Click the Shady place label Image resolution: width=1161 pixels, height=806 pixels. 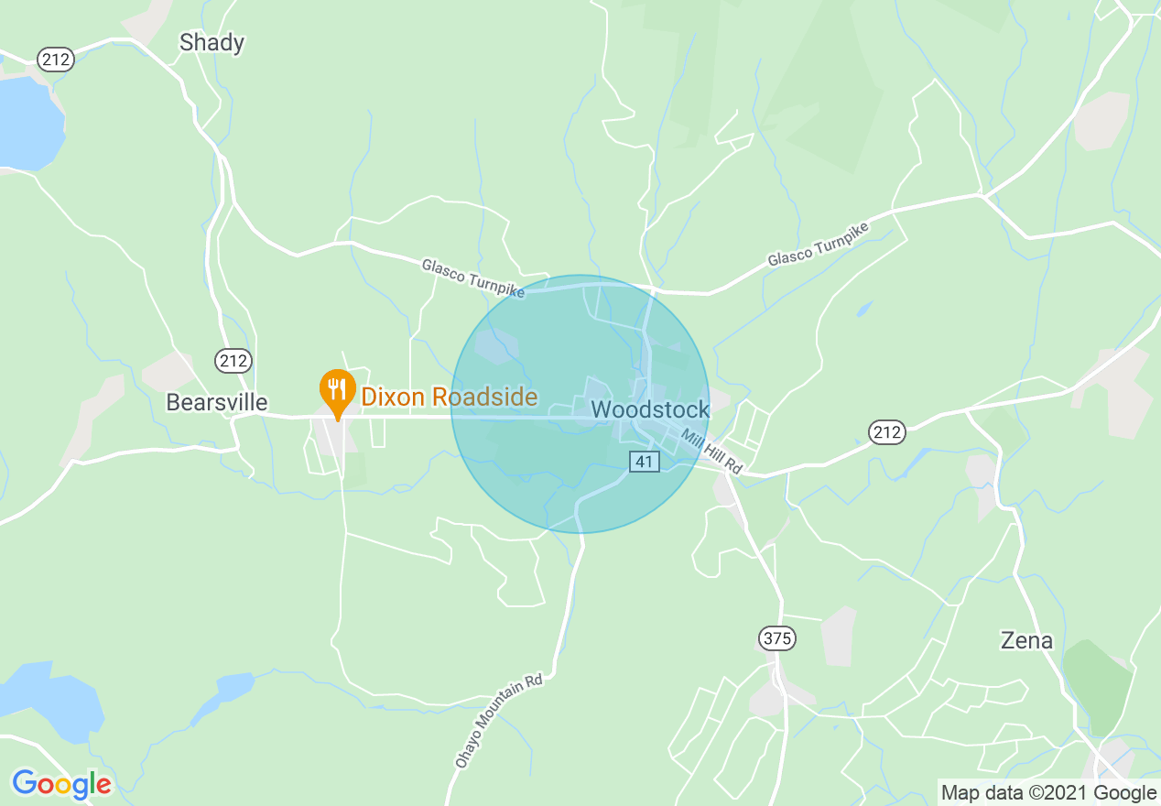tap(212, 42)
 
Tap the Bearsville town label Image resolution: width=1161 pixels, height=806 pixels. tap(217, 402)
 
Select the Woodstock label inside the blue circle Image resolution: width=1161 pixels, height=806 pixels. tap(650, 409)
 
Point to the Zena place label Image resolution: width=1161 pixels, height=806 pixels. tap(1026, 640)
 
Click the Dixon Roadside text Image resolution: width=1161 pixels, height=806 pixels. tap(449, 397)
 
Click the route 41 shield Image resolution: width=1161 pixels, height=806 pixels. tap(644, 462)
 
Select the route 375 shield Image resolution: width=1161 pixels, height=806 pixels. tap(776, 638)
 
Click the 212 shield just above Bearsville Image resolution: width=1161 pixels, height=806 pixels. tap(233, 361)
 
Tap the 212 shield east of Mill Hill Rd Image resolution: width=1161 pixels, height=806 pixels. tap(887, 431)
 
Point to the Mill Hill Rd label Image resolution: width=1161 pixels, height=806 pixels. tap(711, 453)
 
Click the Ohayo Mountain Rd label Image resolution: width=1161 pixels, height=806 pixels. tap(499, 721)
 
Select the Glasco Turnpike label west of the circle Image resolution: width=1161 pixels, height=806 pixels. tap(472, 277)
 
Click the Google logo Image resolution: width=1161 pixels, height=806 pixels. tap(61, 784)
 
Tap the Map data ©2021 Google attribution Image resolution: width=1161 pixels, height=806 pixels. tap(1048, 793)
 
